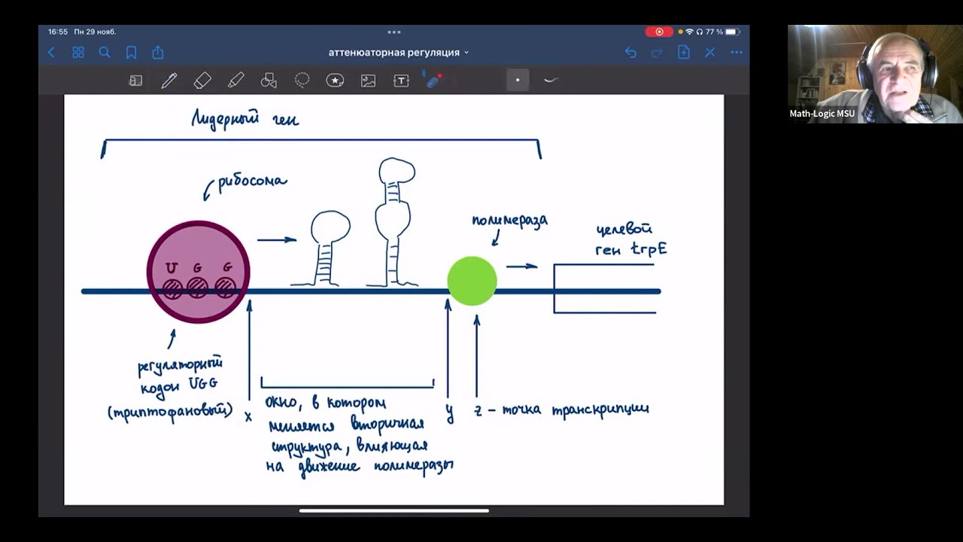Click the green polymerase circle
click(x=472, y=281)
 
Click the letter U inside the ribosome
click(x=172, y=268)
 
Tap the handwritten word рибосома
click(x=252, y=182)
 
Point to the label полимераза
click(x=509, y=221)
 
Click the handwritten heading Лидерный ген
click(x=245, y=119)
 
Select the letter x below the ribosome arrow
click(x=248, y=416)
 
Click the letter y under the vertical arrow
click(x=449, y=414)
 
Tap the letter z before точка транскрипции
click(x=477, y=411)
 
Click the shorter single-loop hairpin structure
click(x=329, y=248)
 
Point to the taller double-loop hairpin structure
click(x=394, y=222)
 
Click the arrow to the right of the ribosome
click(x=277, y=240)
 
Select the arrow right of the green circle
click(x=521, y=266)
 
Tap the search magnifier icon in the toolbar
click(x=105, y=53)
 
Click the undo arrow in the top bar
click(x=630, y=53)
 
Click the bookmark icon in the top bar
click(x=131, y=53)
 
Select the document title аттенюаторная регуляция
click(x=394, y=53)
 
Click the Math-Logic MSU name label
click(x=822, y=114)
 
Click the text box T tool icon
click(x=401, y=81)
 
